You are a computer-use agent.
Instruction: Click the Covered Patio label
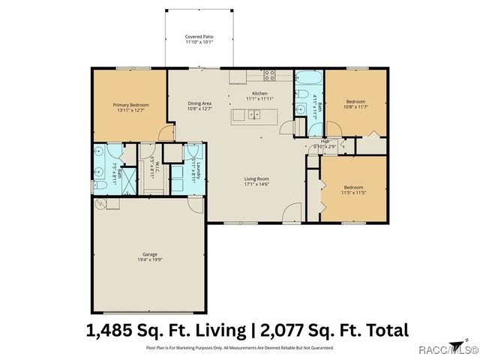pos(199,39)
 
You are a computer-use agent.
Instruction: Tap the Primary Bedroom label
pos(129,107)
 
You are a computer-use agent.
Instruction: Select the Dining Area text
pos(200,107)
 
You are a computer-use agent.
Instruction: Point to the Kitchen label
pos(259,95)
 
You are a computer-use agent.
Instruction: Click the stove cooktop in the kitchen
pos(268,74)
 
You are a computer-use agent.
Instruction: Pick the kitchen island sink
pos(254,115)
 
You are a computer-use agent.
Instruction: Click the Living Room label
pos(256,181)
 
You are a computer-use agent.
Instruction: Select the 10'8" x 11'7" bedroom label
pos(355,104)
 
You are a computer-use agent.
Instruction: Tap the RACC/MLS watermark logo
pos(451,348)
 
